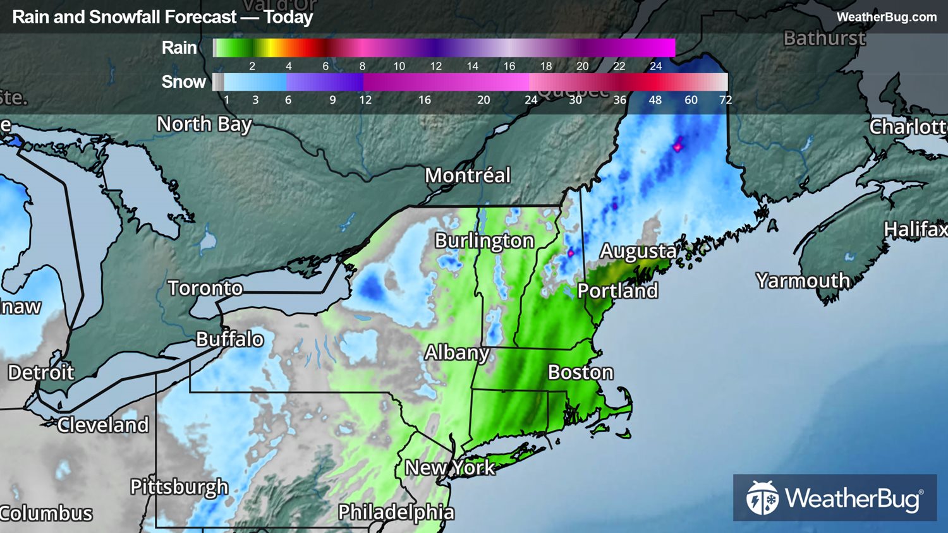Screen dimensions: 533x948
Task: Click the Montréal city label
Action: (x=468, y=175)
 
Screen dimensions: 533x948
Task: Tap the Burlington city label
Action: (x=485, y=241)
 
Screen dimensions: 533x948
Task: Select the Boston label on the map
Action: (x=580, y=372)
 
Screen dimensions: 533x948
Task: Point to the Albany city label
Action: (x=457, y=352)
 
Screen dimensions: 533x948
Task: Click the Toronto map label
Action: (x=205, y=288)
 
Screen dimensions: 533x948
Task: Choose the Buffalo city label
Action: (x=229, y=339)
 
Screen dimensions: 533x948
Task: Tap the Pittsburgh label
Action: (x=179, y=487)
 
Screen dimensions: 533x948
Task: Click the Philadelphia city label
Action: (x=396, y=512)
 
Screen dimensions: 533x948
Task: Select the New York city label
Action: (x=450, y=467)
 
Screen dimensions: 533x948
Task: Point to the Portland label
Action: (x=617, y=290)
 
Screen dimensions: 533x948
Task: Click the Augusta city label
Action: (x=638, y=251)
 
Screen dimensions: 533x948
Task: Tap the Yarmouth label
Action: (x=803, y=280)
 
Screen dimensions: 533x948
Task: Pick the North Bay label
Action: (x=204, y=124)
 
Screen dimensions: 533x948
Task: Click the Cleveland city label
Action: (x=103, y=424)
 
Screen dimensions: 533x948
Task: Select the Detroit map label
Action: (x=41, y=372)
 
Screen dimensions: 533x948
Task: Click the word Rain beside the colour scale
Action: (x=179, y=47)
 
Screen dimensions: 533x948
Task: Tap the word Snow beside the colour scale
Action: (x=183, y=81)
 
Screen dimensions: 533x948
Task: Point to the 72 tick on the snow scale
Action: (x=726, y=100)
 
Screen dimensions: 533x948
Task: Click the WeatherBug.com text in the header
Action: (x=886, y=17)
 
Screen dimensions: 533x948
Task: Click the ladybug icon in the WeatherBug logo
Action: (x=762, y=498)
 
